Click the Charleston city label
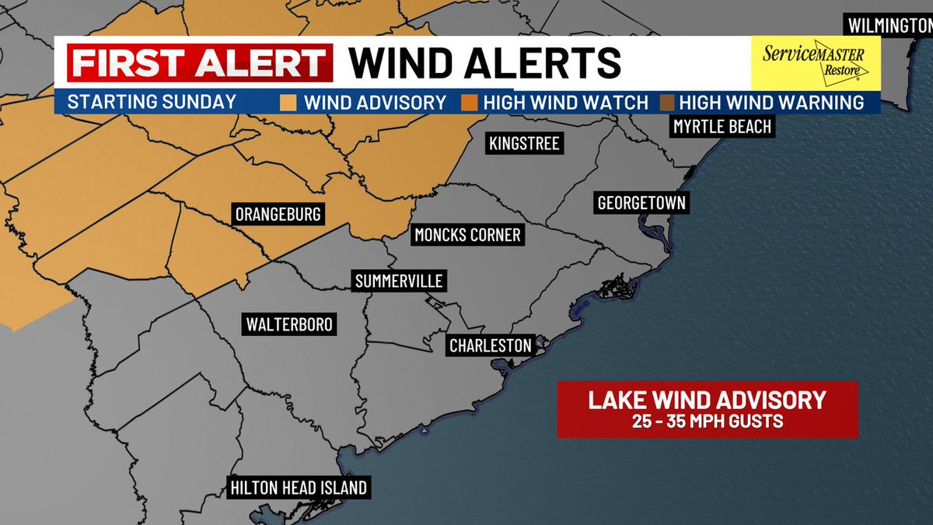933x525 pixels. click(491, 345)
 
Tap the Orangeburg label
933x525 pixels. click(278, 215)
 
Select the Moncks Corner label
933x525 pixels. click(467, 235)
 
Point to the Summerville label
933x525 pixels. click(399, 282)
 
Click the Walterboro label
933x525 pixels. click(289, 324)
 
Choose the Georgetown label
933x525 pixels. click(641, 204)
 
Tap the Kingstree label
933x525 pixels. click(524, 144)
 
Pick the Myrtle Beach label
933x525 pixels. click(723, 127)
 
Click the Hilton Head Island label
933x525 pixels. click(299, 488)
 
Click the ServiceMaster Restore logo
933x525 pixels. click(815, 62)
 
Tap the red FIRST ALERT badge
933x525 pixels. click(200, 63)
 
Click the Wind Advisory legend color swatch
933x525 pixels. click(288, 103)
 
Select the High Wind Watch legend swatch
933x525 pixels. click(468, 103)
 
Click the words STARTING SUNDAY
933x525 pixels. click(152, 102)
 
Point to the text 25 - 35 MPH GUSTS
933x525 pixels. click(707, 422)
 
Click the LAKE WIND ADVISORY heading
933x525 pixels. click(707, 401)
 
